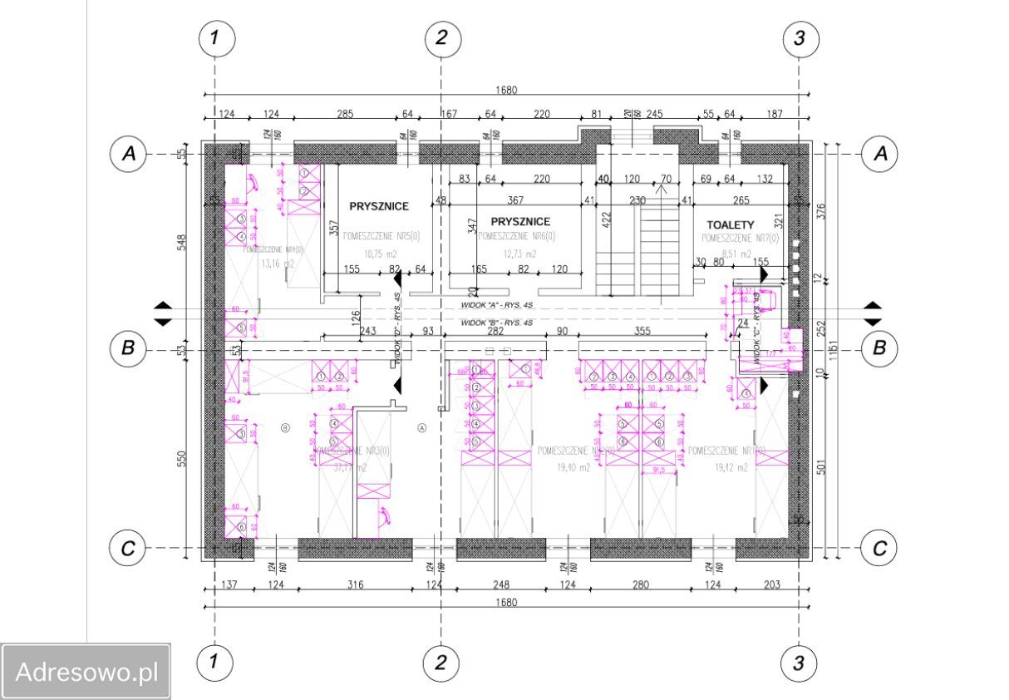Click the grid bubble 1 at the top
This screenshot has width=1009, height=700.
click(x=215, y=37)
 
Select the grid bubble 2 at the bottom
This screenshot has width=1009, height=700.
click(x=441, y=663)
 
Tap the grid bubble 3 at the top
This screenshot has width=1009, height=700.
click(x=799, y=37)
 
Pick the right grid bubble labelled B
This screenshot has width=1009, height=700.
click(x=879, y=348)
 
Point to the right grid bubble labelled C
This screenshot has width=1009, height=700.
click(x=879, y=548)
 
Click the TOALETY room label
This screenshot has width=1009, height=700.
click(x=730, y=225)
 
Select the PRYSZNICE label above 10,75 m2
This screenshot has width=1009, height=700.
click(x=378, y=206)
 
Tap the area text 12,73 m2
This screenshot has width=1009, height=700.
click(x=519, y=254)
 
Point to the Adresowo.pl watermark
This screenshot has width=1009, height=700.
click(x=86, y=671)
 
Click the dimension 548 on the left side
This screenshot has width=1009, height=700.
click(x=182, y=241)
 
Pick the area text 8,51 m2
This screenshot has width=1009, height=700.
click(x=735, y=254)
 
